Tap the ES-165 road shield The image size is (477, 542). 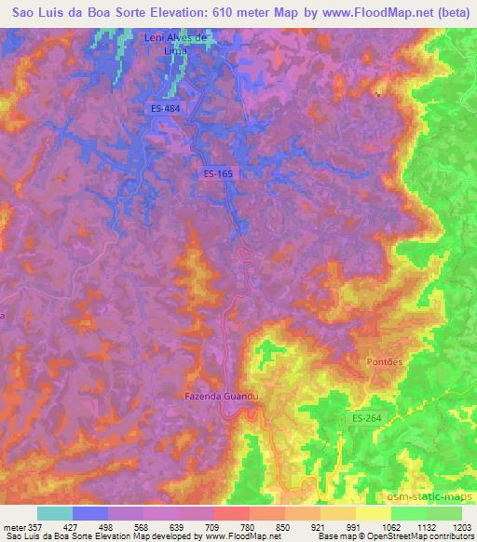click(x=217, y=173)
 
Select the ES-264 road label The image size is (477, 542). click(x=366, y=418)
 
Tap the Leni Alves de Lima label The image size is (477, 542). click(x=174, y=45)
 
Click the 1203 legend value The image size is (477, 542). click(x=461, y=526)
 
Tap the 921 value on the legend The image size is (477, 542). click(x=319, y=526)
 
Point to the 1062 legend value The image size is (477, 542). click(x=390, y=526)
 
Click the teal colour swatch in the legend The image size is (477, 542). click(x=55, y=513)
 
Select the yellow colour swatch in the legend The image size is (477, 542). click(x=374, y=513)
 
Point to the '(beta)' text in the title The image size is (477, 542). click(x=452, y=14)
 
